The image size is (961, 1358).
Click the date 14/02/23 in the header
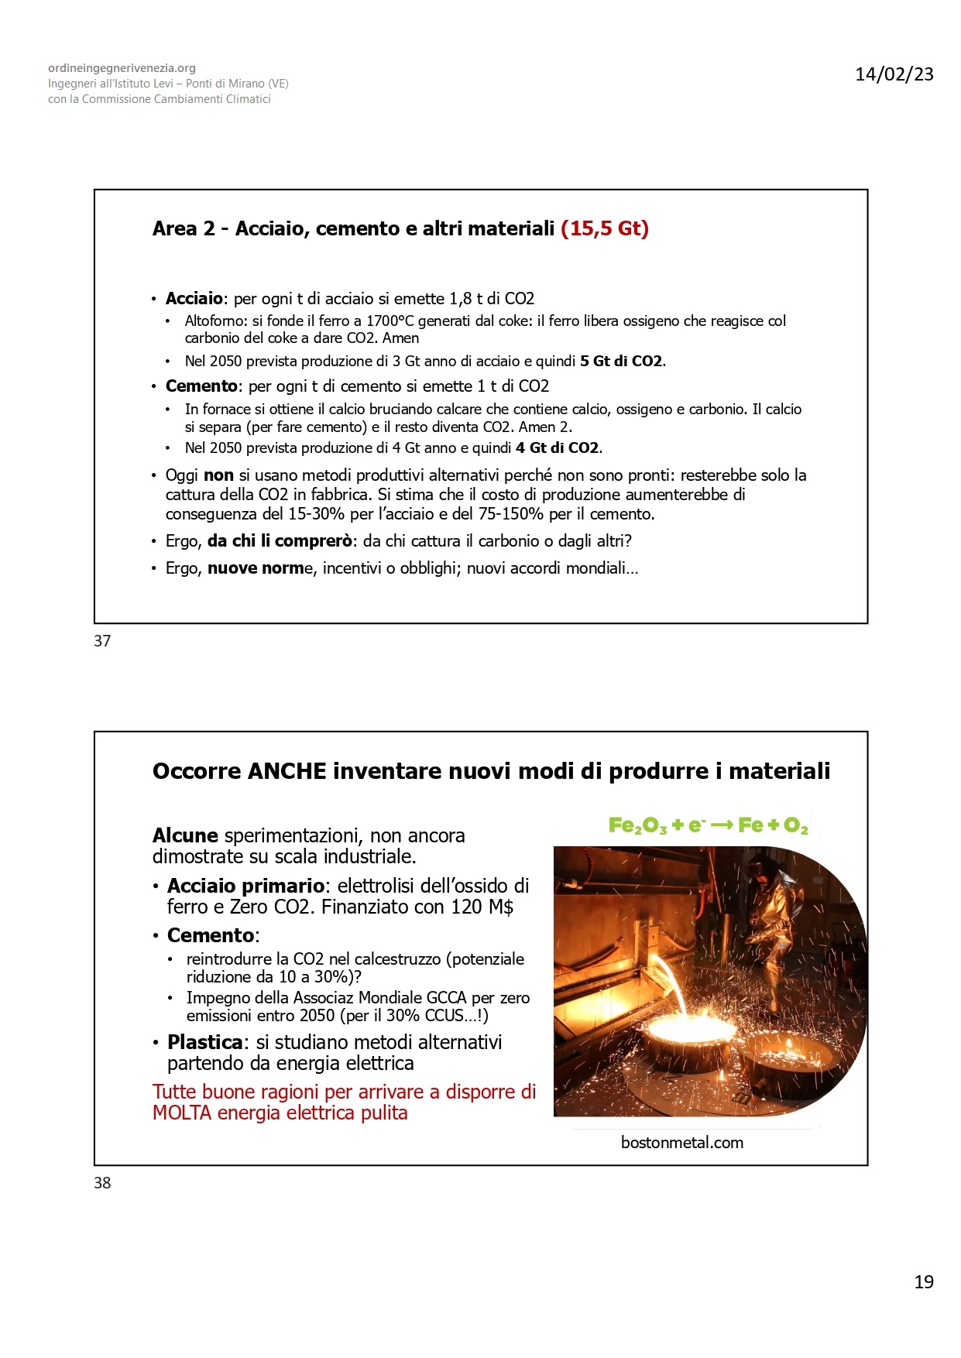point(894,74)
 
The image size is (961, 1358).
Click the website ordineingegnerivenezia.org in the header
point(122,68)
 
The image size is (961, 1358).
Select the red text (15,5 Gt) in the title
point(605,228)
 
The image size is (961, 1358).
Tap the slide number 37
point(102,641)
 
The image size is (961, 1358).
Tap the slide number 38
point(102,1183)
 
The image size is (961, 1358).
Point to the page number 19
point(924,1282)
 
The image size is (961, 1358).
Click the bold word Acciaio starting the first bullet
point(194,299)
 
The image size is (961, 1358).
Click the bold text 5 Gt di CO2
point(622,362)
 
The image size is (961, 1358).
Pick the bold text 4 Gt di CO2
point(558,448)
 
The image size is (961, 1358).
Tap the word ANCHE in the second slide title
point(287,771)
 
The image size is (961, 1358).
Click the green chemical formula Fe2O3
point(637,825)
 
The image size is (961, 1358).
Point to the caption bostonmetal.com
point(681,1143)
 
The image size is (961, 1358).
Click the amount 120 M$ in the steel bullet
point(482,907)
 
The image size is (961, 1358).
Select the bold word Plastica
point(205,1042)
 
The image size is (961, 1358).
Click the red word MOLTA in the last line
point(183,1113)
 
